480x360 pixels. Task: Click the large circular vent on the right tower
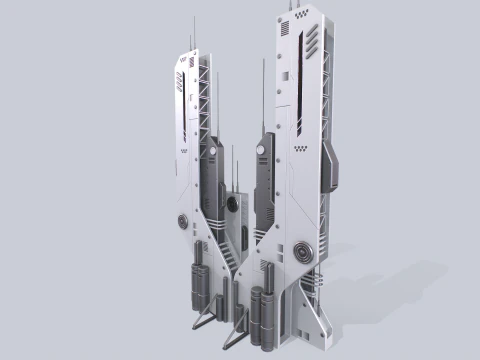pos(302,251)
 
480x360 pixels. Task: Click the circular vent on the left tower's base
pos(181,221)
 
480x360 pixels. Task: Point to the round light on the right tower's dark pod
pos(260,150)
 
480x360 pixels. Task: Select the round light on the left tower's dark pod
pos(211,153)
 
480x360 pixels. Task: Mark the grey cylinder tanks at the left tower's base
pos(198,285)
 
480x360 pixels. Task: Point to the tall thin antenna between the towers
pos(264,95)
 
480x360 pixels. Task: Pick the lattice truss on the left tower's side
pos(207,100)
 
